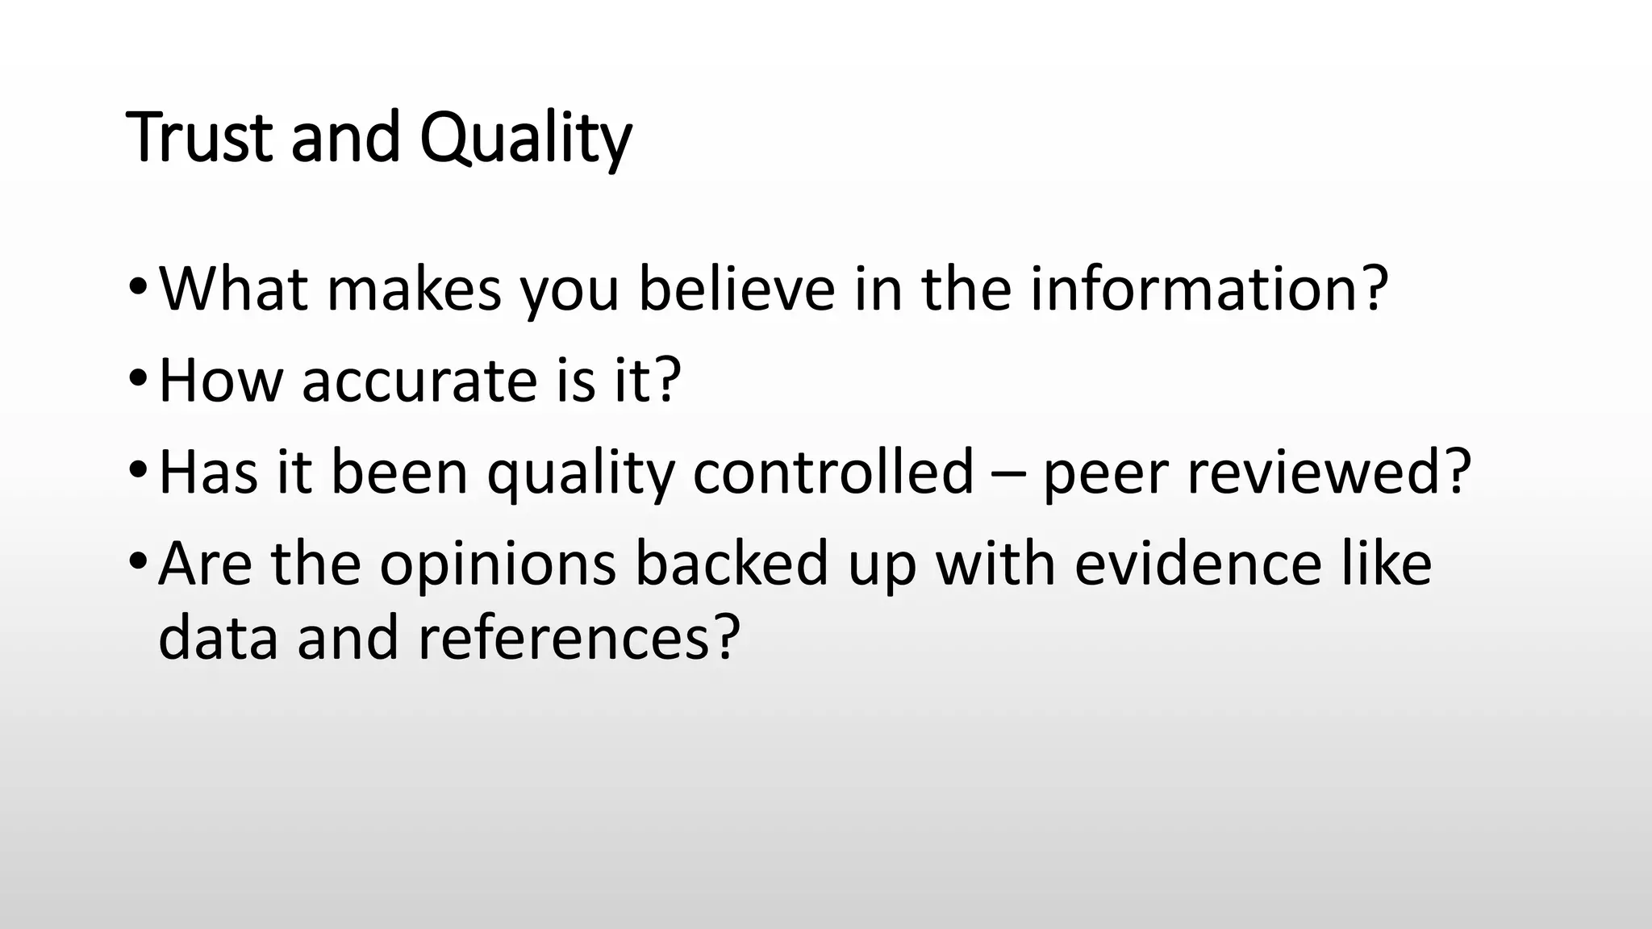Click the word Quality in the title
click(525, 139)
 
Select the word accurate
click(419, 381)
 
